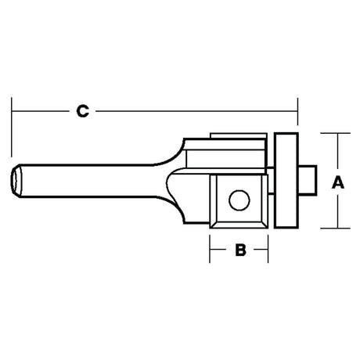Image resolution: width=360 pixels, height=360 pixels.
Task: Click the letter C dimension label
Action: (x=83, y=111)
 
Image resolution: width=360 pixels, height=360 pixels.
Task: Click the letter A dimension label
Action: (x=338, y=182)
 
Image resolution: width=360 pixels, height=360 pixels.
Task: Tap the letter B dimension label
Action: (x=240, y=250)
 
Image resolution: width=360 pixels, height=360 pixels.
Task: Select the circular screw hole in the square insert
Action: (x=239, y=200)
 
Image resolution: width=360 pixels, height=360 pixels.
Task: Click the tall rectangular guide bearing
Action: (x=286, y=181)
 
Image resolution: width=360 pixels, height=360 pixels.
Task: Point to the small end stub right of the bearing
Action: (x=308, y=180)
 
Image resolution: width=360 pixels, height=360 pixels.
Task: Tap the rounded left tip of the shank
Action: (x=15, y=180)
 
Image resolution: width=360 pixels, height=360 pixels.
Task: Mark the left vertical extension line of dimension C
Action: (x=12, y=128)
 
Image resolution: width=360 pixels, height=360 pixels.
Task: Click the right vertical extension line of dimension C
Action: (x=297, y=111)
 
